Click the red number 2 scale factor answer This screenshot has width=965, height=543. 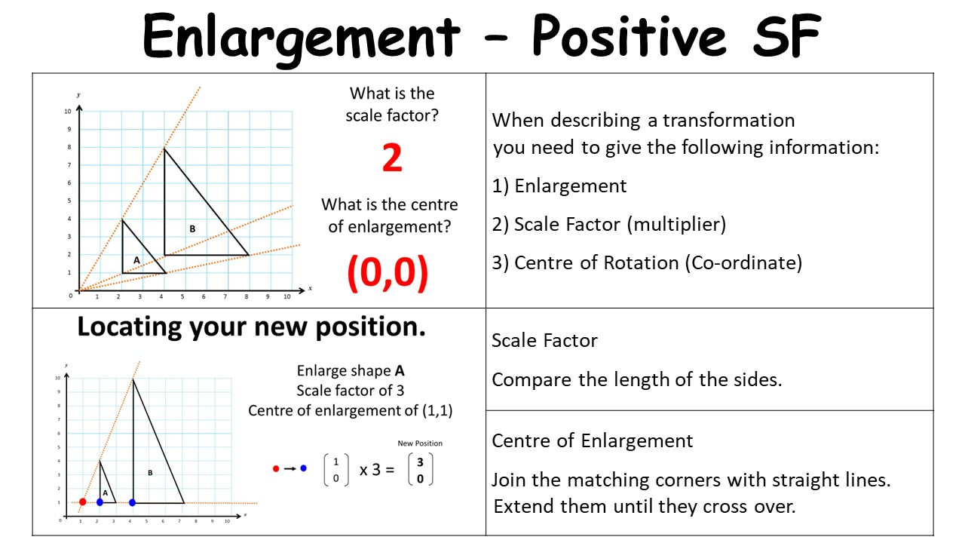392,158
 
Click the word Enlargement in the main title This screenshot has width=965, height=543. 301,38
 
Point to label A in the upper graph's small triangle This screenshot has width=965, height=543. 136,260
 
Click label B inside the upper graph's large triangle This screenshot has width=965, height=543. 192,229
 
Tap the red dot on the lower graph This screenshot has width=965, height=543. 83,502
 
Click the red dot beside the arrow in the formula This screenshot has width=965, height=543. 276,468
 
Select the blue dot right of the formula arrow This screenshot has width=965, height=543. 303,468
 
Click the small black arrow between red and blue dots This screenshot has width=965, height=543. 290,468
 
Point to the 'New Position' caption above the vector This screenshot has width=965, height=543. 420,443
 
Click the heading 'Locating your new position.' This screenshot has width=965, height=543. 251,327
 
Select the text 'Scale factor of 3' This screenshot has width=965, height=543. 351,391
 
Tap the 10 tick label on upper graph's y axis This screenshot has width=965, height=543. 68,111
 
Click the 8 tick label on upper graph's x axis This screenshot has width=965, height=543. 247,296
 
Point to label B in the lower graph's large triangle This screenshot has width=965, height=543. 150,473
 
